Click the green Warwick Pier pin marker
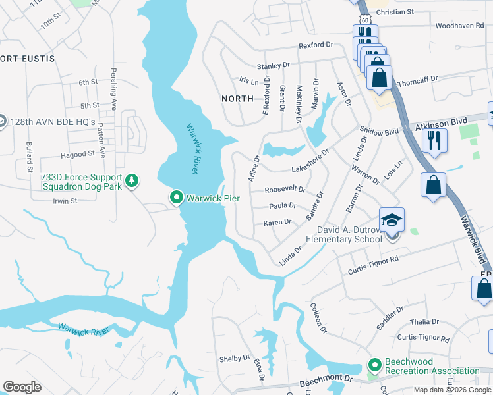point(176,197)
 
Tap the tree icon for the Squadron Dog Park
point(132,180)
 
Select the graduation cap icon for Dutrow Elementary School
point(391,220)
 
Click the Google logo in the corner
point(22,387)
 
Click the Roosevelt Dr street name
point(285,190)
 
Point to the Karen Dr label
point(277,223)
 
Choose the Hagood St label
point(77,154)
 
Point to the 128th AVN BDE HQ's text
point(56,122)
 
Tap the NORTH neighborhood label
point(237,98)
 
